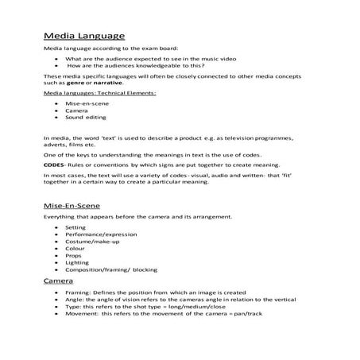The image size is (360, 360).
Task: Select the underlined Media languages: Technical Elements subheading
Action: coord(88,93)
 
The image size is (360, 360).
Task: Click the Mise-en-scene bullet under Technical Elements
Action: coord(87,103)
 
